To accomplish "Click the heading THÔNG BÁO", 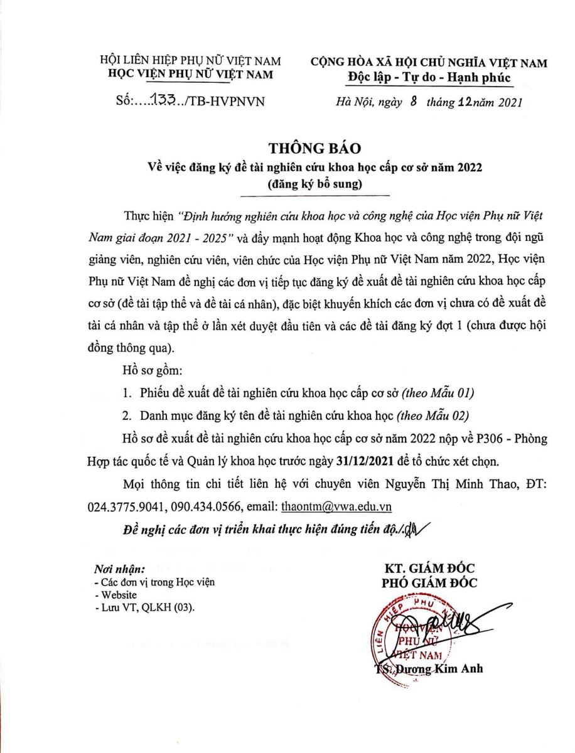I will coord(316,149).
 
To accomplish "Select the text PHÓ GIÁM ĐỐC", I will coord(430,583).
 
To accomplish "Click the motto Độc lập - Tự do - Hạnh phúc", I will coord(429,77).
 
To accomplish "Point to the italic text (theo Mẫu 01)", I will coord(438,393).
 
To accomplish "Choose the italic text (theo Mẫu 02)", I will coord(432,415).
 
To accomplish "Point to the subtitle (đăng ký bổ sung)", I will coord(315,184).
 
